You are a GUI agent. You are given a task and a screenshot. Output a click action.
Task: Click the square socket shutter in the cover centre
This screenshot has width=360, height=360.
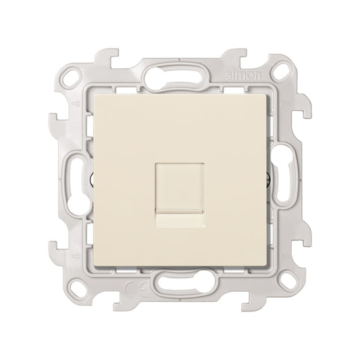coord(180,176)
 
